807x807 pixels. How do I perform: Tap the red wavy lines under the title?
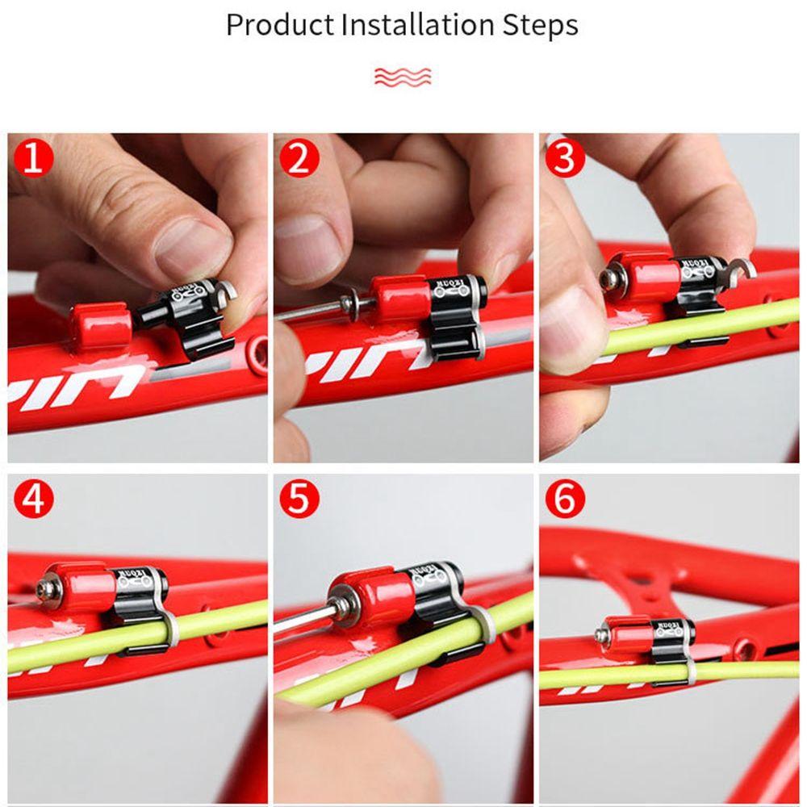coord(403,76)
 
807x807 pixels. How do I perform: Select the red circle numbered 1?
coord(33,158)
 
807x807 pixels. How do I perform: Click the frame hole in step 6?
coord(741,647)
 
